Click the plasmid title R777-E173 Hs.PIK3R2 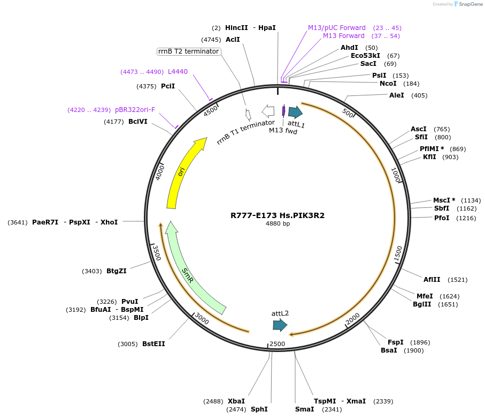pos(278,215)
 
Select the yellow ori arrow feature pos(183,171)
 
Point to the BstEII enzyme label pos(153,344)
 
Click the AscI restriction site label pos(419,129)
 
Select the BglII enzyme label pos(422,304)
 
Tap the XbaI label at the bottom pos(236,401)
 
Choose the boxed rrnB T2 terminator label pos(189,51)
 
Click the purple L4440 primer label pos(178,72)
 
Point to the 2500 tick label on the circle pos(277,343)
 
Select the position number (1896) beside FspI pos(420,342)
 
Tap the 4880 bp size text pos(278,224)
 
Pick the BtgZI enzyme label pos(116,271)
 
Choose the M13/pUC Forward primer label pos(337,28)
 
